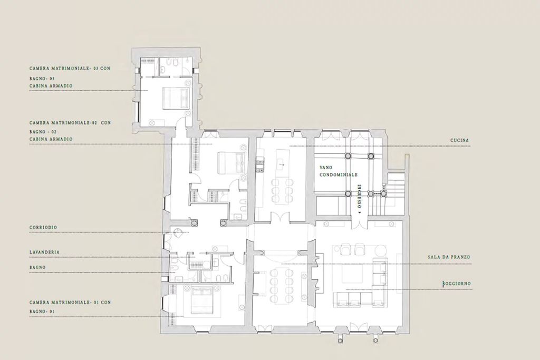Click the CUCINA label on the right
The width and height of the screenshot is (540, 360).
tap(460, 140)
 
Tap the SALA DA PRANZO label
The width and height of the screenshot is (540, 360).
tap(449, 257)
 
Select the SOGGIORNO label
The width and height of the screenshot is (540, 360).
tap(457, 284)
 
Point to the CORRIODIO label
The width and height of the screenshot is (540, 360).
tap(44, 227)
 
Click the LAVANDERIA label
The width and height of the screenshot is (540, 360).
tap(45, 252)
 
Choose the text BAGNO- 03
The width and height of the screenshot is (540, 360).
tap(42, 79)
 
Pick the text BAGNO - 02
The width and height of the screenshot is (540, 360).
tap(43, 131)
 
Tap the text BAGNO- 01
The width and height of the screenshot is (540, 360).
tap(42, 312)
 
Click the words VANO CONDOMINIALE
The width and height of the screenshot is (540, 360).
tap(339, 170)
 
